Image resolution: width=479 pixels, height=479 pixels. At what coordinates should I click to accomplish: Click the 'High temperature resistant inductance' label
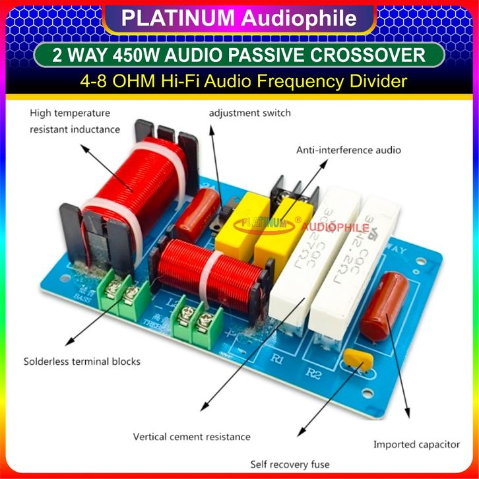75,121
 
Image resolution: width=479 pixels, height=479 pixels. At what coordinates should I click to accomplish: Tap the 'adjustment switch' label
249,113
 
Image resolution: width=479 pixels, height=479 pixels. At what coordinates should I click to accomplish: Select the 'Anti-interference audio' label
348,150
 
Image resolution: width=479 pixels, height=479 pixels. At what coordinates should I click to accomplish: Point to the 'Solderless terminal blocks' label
82,362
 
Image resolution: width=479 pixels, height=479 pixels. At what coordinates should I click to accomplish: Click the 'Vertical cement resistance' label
191,436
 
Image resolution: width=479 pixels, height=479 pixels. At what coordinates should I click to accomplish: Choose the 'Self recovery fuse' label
290,464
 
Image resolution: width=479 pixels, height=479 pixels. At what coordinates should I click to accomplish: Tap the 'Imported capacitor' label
416,444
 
